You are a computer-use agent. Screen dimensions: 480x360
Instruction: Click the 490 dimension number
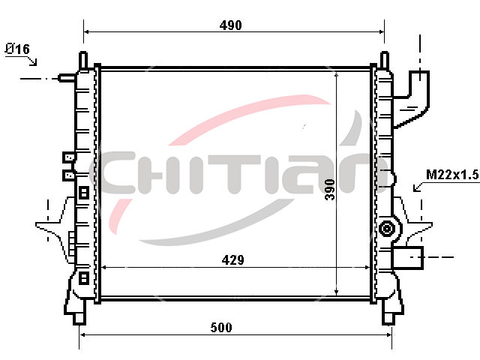pyautogui.click(x=230, y=25)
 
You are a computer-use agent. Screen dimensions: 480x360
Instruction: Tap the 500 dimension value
pyautogui.click(x=221, y=328)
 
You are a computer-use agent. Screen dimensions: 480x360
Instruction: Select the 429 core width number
pyautogui.click(x=233, y=260)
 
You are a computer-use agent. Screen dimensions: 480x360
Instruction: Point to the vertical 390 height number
pyautogui.click(x=330, y=190)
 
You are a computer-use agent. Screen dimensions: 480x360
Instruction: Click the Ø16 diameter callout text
pyautogui.click(x=17, y=49)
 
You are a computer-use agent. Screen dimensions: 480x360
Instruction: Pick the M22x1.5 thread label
pyautogui.click(x=451, y=175)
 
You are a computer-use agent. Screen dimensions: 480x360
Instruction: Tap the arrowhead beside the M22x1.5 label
pyautogui.click(x=416, y=187)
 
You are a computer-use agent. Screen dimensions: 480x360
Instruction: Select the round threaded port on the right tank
pyautogui.click(x=387, y=229)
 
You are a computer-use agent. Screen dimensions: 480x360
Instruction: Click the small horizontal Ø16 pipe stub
pyautogui.click(x=67, y=78)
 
